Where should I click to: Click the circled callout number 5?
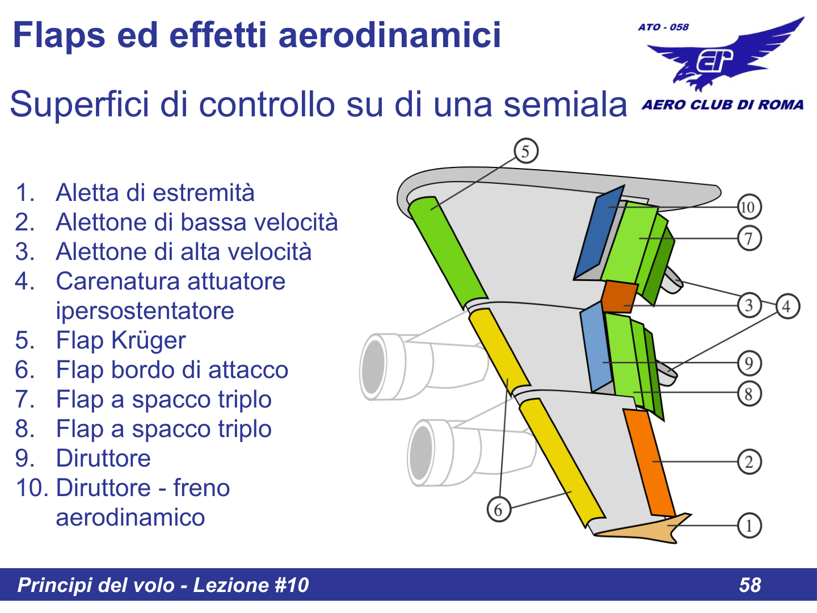tap(526, 151)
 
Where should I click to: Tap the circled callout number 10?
tap(749, 207)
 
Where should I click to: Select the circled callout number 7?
tap(749, 238)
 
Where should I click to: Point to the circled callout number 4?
tap(787, 306)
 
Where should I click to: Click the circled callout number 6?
tap(499, 509)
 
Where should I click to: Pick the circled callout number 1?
tap(749, 526)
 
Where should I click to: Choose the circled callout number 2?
tap(749, 461)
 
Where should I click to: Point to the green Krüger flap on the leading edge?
tap(448, 250)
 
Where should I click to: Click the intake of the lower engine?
tap(422, 452)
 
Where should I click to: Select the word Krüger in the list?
tap(149, 341)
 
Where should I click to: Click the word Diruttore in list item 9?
tap(103, 459)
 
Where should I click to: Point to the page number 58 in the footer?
tap(749, 585)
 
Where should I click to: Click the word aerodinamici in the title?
tap(390, 35)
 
